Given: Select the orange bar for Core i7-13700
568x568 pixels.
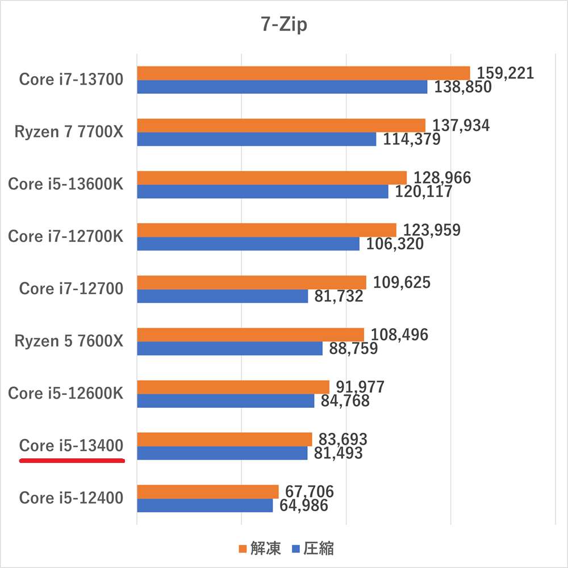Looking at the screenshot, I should click(x=303, y=73).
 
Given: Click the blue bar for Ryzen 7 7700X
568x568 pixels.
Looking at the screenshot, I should click(x=256, y=139).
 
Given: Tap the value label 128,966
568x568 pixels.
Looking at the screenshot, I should click(x=443, y=178).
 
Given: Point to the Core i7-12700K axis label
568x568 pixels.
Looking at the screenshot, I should click(x=65, y=236).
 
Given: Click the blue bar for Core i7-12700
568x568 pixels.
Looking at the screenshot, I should click(x=222, y=296).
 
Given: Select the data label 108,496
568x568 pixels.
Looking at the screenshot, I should click(x=399, y=335).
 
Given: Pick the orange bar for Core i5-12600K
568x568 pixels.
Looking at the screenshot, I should click(x=233, y=387).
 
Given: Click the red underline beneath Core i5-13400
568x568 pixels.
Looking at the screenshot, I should click(x=72, y=461).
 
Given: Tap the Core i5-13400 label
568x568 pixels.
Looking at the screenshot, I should click(x=72, y=446).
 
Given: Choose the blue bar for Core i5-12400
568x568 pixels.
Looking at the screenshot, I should click(x=204, y=505).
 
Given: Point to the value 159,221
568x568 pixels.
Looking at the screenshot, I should click(x=506, y=73).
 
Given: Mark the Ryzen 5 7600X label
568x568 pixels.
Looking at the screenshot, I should click(x=69, y=341).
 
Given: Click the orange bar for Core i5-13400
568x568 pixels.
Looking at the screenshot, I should click(x=224, y=439).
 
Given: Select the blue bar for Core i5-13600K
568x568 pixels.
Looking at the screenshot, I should click(x=262, y=191).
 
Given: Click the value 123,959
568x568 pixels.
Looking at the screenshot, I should click(x=432, y=230).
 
